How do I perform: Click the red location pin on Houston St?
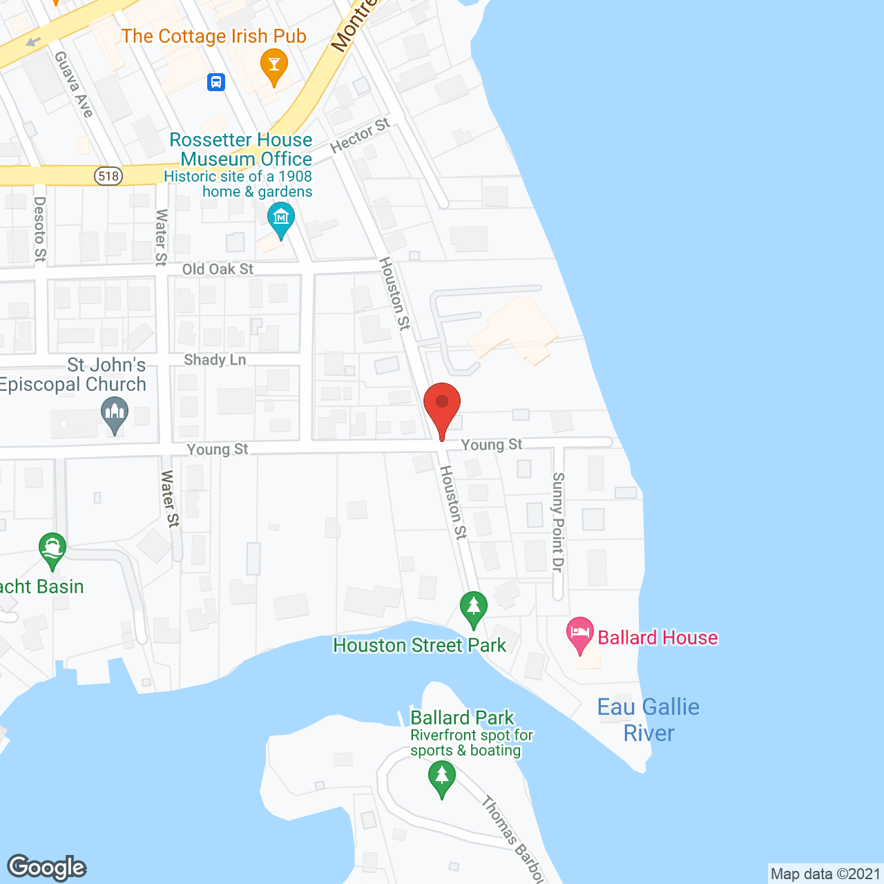(x=442, y=405)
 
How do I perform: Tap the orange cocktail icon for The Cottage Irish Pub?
(x=274, y=65)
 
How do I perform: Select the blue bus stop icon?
(x=216, y=82)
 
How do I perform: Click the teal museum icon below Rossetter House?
(x=281, y=219)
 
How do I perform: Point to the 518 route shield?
(x=108, y=175)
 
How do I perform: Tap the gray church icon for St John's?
(x=115, y=414)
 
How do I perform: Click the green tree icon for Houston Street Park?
(x=474, y=608)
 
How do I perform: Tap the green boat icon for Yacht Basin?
(x=52, y=549)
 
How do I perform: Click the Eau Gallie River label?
(x=648, y=720)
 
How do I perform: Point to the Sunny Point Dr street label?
(x=558, y=522)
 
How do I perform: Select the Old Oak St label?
(x=218, y=269)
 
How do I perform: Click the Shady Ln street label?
(x=215, y=360)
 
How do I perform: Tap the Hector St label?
(x=360, y=135)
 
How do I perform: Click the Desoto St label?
(x=40, y=229)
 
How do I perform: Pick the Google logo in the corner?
(x=47, y=867)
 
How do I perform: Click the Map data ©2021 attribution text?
(x=825, y=874)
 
